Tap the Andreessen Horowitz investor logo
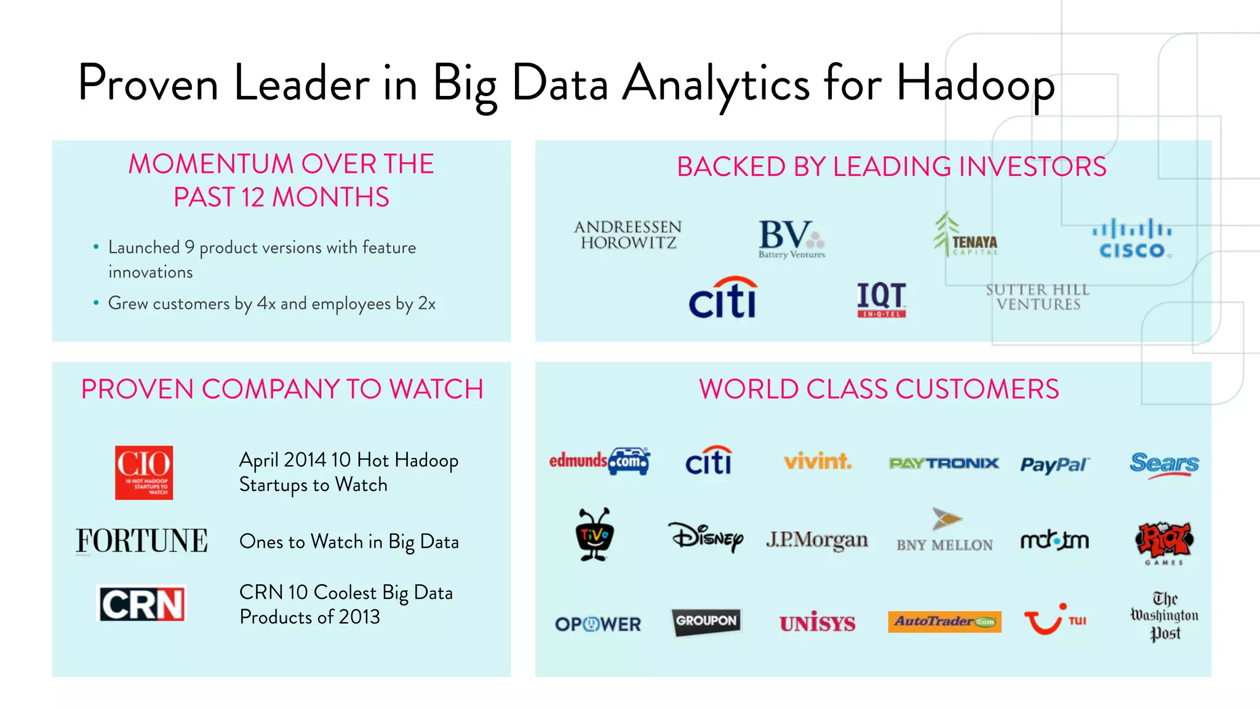(628, 235)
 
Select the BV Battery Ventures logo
(791, 239)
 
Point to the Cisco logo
(1132, 239)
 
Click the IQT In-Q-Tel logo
(882, 300)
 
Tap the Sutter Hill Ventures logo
(1038, 297)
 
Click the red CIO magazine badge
(144, 473)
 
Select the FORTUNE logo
(142, 541)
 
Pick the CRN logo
(142, 604)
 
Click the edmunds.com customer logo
(599, 461)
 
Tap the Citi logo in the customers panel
(709, 461)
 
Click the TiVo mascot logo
(594, 534)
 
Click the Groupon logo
(706, 621)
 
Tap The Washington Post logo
(1165, 616)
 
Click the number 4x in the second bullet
(266, 303)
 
